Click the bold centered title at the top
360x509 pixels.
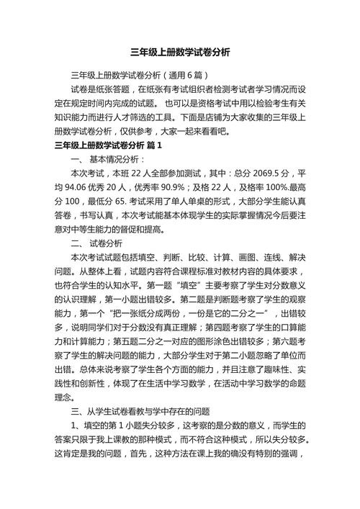point(180,53)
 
